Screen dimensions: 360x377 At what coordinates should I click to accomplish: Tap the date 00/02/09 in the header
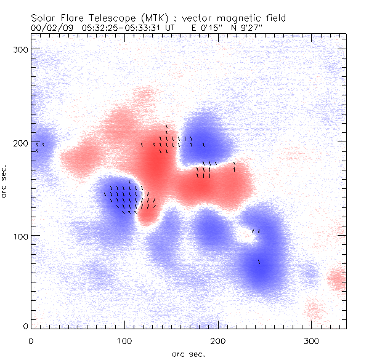pyautogui.click(x=51, y=28)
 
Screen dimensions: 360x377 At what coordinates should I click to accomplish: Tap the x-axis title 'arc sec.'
pyautogui.click(x=188, y=353)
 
